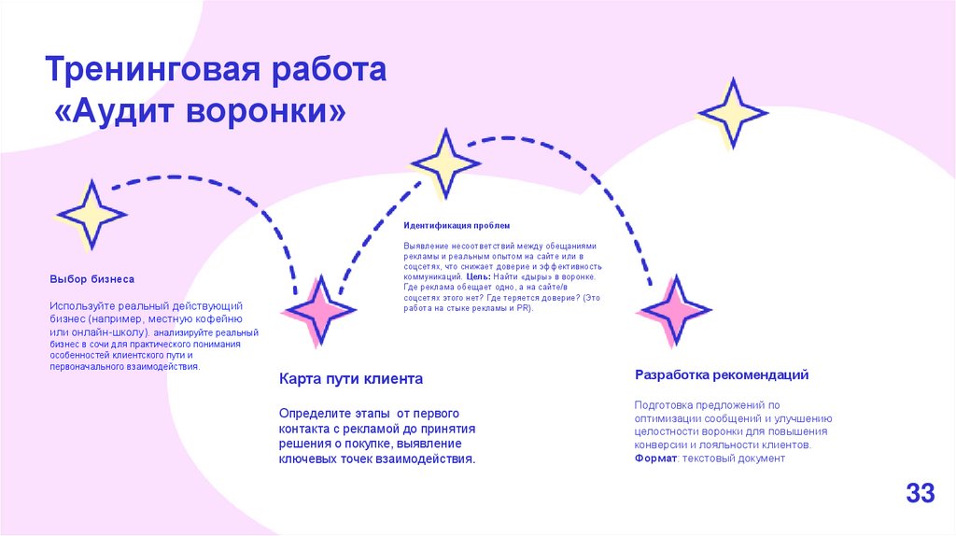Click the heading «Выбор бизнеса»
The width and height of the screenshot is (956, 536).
click(91, 279)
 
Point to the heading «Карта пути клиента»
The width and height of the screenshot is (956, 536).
click(351, 379)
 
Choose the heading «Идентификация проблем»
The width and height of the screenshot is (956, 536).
click(457, 226)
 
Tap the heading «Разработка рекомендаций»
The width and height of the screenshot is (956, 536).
click(722, 374)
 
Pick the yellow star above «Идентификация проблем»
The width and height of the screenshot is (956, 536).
click(445, 163)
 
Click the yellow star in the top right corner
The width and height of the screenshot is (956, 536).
click(734, 113)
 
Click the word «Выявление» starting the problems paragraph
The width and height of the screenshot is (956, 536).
click(428, 247)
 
